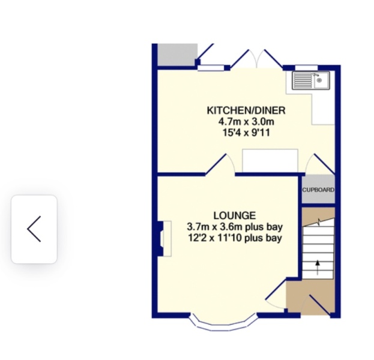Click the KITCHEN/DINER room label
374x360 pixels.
[246, 110]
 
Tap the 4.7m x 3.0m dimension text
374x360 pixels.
[246, 122]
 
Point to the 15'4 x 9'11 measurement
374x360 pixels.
[246, 133]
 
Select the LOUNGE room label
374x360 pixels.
[234, 215]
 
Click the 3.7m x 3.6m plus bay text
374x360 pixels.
[234, 227]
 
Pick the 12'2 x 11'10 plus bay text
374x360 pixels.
[234, 238]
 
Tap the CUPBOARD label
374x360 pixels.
[318, 190]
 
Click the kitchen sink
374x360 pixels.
[311, 80]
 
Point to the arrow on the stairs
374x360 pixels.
[318, 266]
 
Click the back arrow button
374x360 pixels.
[34, 229]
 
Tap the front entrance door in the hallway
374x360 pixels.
[319, 304]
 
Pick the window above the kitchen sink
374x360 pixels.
[306, 67]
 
